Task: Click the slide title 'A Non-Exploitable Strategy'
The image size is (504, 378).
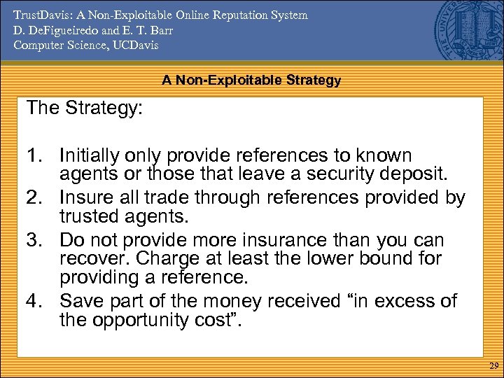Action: [x=251, y=80]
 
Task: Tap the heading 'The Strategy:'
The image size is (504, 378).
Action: [x=84, y=108]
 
